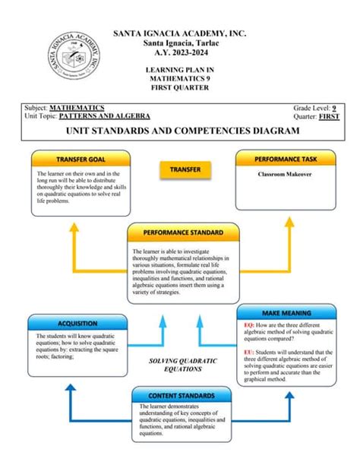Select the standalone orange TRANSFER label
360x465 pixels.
coord(185,169)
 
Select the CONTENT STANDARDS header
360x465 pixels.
coord(182,395)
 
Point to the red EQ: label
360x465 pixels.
coord(248,324)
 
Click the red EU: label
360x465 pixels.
coord(248,352)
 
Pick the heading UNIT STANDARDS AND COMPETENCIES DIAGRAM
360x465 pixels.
coord(182,131)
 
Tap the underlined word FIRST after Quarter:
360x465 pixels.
coord(329,115)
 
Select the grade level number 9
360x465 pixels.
coord(335,108)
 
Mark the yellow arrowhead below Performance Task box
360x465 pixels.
coord(289,222)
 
